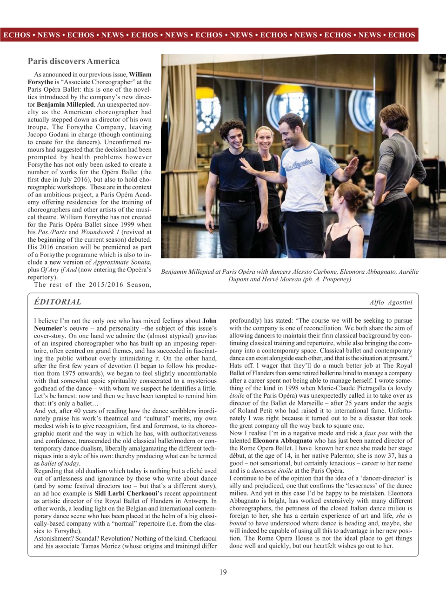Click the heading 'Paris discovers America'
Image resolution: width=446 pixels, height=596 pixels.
click(73, 61)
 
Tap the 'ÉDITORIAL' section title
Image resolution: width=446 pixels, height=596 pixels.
click(58, 302)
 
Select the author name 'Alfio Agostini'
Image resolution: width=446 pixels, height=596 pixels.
click(391, 302)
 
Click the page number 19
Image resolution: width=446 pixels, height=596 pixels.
click(223, 572)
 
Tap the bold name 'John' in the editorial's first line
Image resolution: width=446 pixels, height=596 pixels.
click(209, 321)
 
